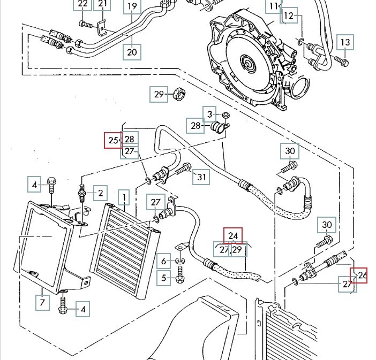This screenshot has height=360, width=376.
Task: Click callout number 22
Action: click(82, 4)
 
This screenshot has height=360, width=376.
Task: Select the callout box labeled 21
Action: click(102, 4)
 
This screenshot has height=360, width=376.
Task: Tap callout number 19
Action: click(132, 7)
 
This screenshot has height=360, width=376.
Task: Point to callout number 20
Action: click(132, 52)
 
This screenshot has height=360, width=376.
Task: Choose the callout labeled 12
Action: click(289, 16)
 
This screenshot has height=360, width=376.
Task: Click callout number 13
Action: click(345, 42)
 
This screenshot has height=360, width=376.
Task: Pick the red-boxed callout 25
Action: click(113, 141)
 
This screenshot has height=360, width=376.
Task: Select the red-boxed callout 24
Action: click(233, 236)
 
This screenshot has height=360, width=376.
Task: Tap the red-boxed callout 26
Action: click(362, 275)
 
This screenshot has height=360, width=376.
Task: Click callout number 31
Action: click(201, 177)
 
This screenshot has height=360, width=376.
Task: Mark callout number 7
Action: click(42, 303)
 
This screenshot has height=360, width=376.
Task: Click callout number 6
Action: click(164, 261)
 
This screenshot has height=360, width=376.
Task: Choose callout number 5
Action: click(164, 278)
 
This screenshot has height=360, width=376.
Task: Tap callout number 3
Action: click(210, 113)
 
